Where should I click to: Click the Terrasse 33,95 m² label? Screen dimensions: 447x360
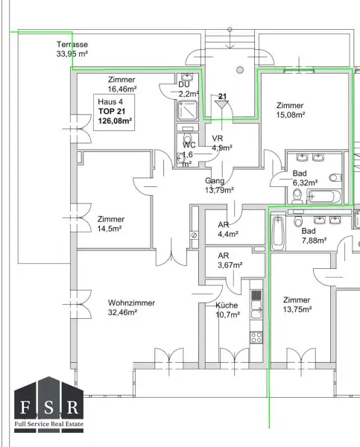(72, 49)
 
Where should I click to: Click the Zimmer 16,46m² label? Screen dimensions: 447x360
(123, 83)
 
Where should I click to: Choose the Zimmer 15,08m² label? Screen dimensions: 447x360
(290, 110)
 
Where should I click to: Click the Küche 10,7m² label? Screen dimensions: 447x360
(227, 310)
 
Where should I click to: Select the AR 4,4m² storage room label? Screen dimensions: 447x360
(228, 229)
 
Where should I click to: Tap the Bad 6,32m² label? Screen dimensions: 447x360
(305, 177)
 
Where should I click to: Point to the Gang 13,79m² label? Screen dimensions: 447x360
(220, 186)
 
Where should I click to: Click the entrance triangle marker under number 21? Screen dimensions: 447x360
(222, 105)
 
